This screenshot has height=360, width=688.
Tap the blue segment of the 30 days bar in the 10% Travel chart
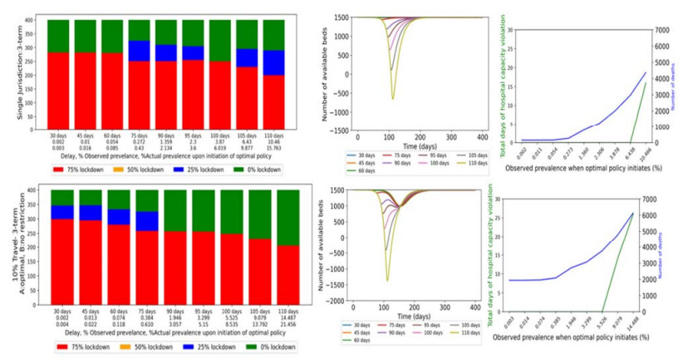click(60, 211)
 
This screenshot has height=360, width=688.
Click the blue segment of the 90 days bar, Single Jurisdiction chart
click(167, 52)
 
